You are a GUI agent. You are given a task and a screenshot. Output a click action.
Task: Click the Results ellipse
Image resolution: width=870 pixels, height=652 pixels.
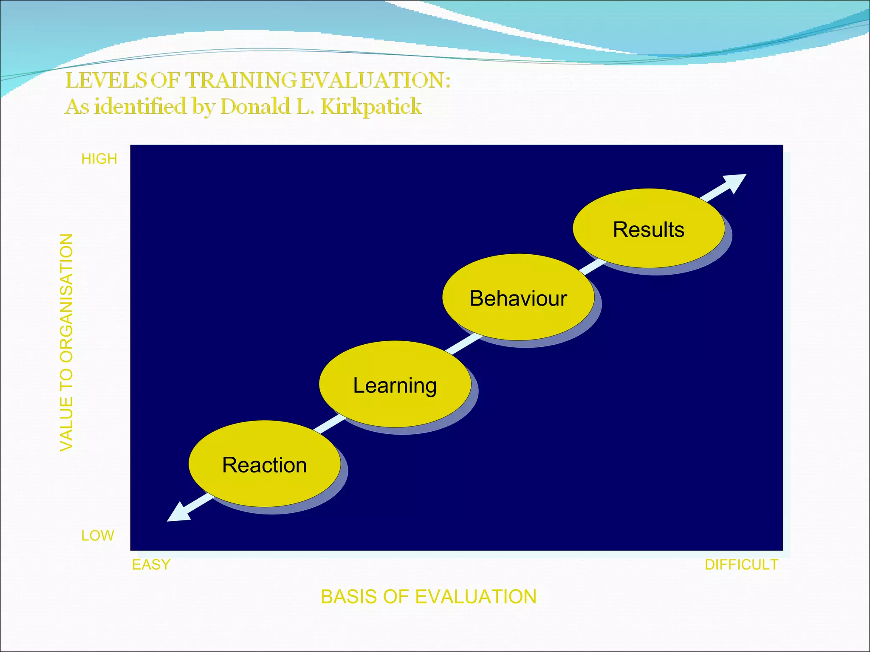pyautogui.click(x=649, y=229)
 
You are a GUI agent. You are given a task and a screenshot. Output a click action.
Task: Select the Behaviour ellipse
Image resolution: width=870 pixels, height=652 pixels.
pyautogui.click(x=518, y=298)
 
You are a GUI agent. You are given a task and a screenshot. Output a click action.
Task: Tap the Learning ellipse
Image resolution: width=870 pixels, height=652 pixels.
pyautogui.click(x=395, y=385)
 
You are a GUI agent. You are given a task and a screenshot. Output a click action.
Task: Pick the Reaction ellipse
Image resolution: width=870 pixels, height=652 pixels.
pyautogui.click(x=264, y=464)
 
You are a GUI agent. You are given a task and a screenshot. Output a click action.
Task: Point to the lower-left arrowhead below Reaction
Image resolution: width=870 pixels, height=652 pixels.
pyautogui.click(x=176, y=514)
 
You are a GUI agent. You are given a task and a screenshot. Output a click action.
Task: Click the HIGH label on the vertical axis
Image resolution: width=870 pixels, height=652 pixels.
pyautogui.click(x=99, y=159)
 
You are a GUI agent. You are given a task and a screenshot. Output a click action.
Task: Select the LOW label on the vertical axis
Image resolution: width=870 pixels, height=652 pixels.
pyautogui.click(x=98, y=535)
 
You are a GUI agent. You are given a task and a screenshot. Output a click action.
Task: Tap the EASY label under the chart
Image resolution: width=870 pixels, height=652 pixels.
pyautogui.click(x=151, y=565)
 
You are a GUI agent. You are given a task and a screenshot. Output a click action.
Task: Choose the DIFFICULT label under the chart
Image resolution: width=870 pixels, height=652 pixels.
pyautogui.click(x=741, y=565)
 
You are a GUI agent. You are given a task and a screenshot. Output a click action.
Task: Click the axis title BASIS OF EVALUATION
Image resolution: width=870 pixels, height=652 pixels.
pyautogui.click(x=428, y=596)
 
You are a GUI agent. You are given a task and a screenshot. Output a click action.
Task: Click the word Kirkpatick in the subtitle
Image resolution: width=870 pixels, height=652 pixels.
pyautogui.click(x=371, y=106)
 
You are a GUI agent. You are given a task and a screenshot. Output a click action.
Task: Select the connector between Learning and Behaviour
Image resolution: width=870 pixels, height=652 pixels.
pyautogui.click(x=463, y=343)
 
